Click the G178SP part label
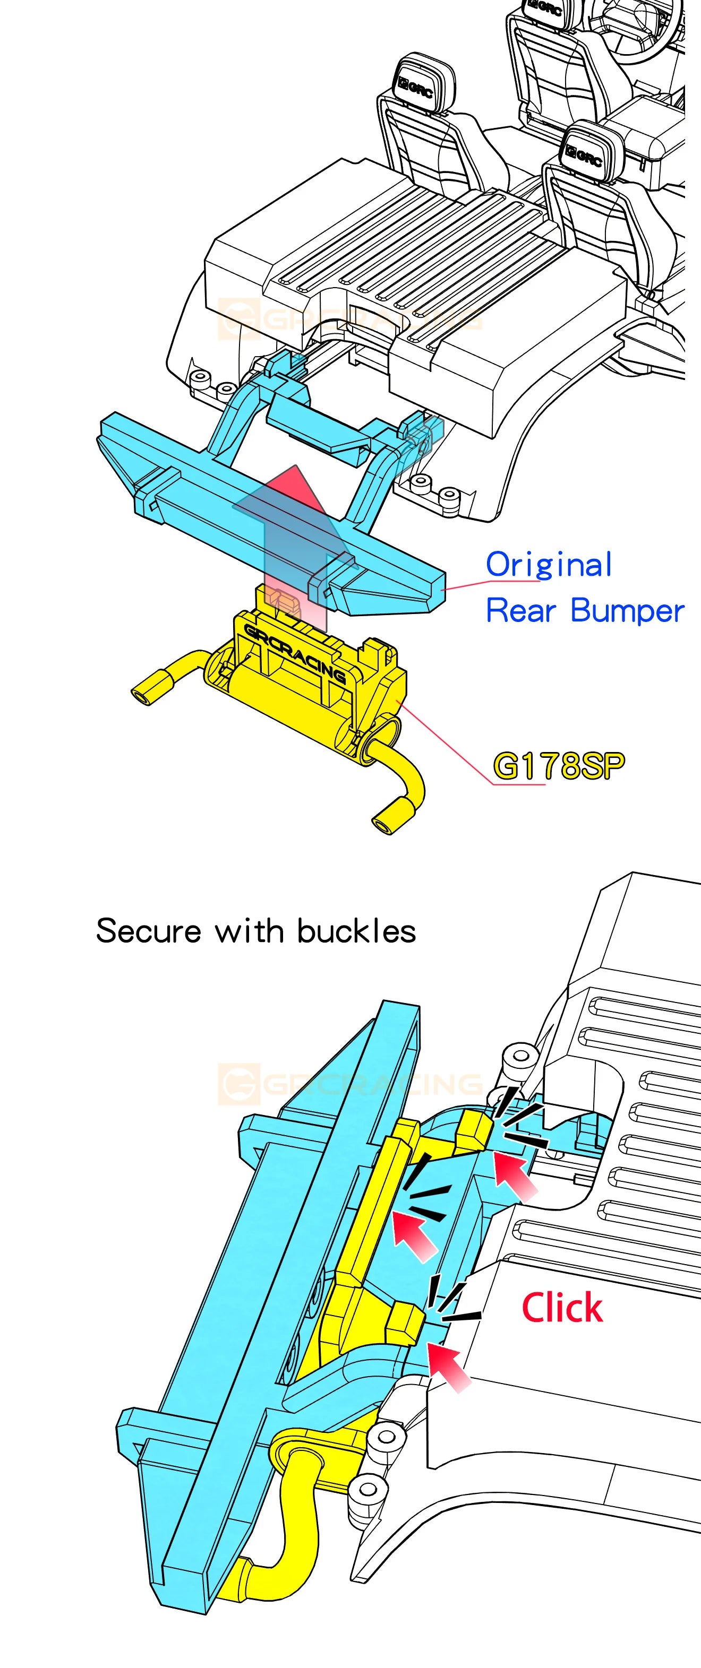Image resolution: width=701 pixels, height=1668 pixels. pos(559,766)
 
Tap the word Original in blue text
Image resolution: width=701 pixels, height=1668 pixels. pos(548,565)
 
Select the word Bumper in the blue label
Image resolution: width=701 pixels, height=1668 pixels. pos(627,611)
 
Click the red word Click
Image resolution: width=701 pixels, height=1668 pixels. pos(562,1307)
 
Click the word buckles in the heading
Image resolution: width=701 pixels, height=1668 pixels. pos(356,931)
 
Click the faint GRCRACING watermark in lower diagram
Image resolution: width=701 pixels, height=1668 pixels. pos(350,1083)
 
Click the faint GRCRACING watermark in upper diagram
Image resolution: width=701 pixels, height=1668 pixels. pos(350,318)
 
